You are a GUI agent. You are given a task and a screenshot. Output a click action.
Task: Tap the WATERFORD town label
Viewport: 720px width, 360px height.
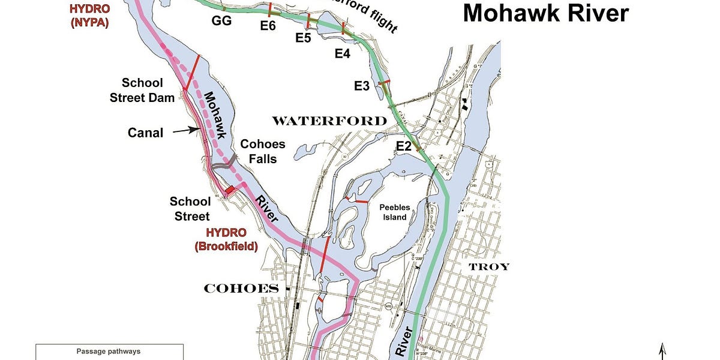[x=329, y=121]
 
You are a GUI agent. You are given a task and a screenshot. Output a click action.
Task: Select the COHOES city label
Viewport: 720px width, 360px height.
[x=241, y=289]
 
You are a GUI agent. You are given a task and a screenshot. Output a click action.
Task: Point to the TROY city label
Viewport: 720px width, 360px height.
[x=488, y=266]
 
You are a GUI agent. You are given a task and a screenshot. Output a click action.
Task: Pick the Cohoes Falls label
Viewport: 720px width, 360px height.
[x=263, y=152]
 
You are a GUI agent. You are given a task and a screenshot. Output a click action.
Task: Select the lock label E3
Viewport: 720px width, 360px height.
[x=362, y=86]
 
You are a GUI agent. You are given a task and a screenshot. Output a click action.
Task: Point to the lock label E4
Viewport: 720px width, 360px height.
[x=343, y=54]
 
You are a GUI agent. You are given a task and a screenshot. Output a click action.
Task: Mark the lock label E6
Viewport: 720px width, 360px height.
[x=268, y=25]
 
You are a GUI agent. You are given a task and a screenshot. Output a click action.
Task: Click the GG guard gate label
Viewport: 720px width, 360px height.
[x=221, y=21]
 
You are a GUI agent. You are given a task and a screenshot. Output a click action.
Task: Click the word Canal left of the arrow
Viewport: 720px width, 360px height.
[x=145, y=133]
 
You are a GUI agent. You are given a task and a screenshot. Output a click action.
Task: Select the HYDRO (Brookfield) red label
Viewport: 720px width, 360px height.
[x=226, y=239]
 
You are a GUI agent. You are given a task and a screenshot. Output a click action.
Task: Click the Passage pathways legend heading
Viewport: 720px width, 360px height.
[x=109, y=351]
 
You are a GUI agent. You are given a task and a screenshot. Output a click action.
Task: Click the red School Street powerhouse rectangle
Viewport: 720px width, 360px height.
[x=229, y=190]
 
